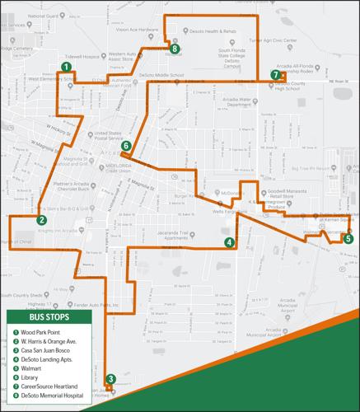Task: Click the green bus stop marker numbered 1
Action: (x=65, y=68)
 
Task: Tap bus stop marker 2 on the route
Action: (x=41, y=220)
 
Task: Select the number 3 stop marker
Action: (x=110, y=379)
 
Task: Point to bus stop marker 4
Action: (x=229, y=241)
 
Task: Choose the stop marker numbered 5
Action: (x=348, y=239)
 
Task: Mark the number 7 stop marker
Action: (x=274, y=75)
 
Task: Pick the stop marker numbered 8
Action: (x=175, y=49)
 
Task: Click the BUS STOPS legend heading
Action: (x=49, y=317)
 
